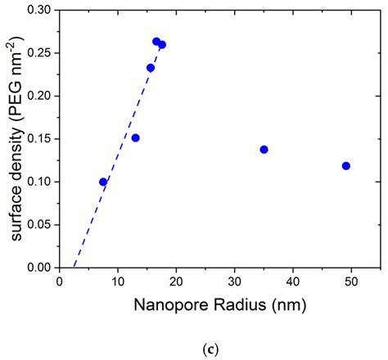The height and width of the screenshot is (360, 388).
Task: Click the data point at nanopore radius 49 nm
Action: coord(346,166)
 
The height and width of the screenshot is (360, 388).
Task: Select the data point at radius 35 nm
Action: coord(264,150)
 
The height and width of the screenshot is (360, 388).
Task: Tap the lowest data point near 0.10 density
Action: coord(103,182)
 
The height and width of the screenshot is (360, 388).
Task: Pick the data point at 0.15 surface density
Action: coord(136,137)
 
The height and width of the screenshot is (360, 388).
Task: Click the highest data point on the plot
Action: coord(156,42)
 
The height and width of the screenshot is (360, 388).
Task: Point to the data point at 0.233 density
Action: coord(151,68)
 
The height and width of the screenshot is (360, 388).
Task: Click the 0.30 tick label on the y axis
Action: coord(41,11)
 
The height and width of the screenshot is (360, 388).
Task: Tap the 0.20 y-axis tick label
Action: coord(41,96)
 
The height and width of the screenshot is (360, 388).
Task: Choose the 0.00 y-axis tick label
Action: coord(41,267)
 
